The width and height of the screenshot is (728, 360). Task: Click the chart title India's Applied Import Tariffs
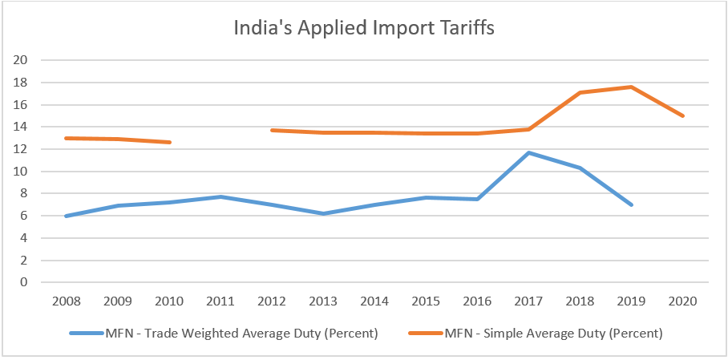364,28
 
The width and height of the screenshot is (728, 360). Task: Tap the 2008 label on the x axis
65,301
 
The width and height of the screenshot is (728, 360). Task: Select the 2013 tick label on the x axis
323,301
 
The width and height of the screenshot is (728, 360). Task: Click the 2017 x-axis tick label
528,301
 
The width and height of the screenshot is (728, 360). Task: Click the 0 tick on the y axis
25,282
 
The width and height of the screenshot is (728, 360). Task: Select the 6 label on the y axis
25,216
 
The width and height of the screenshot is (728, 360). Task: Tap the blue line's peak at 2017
528,152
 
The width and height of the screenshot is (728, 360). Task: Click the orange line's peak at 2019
632,87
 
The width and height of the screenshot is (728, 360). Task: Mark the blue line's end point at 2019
632,204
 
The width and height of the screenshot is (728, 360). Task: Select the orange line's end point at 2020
683,115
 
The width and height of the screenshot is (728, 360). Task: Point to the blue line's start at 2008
65,216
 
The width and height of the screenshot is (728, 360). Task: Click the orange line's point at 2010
168,142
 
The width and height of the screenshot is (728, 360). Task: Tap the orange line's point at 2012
272,130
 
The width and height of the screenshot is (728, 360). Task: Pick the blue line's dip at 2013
323,213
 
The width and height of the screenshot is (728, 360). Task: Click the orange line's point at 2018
580,92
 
